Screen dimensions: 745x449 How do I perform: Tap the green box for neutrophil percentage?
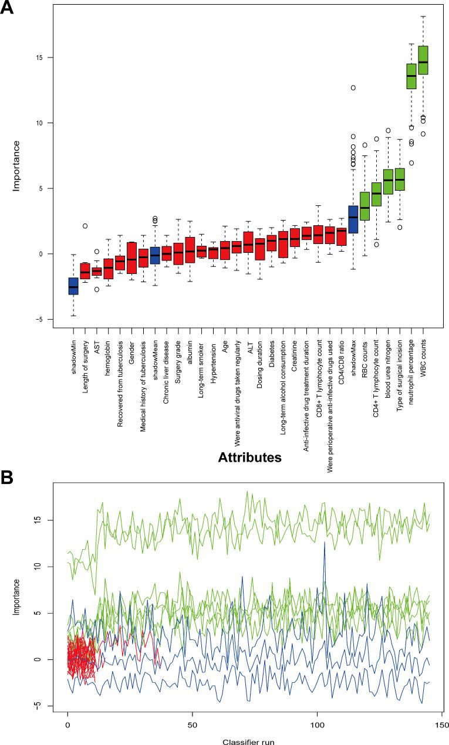coord(411,76)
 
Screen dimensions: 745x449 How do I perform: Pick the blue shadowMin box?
coord(73,286)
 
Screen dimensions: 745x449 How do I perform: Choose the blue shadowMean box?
coord(155,255)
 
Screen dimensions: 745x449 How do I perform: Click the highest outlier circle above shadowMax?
coord(353,88)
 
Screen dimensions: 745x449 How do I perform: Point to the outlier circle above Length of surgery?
coord(85,226)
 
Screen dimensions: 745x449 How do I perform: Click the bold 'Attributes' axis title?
coord(248,455)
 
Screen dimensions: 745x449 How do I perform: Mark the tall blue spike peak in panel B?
coord(324,543)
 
